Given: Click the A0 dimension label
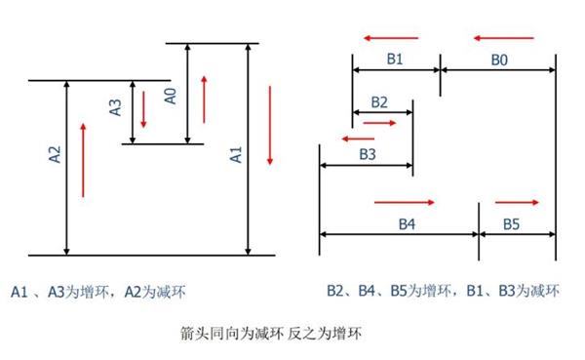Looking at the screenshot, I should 170,95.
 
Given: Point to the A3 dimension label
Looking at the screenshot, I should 115,107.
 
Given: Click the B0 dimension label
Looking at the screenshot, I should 498,59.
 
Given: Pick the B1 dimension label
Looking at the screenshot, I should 395,59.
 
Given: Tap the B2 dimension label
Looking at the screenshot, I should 379,101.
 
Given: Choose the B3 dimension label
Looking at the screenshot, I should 368,154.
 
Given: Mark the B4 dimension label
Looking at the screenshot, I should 408,223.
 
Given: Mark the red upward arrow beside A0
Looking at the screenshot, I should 204,98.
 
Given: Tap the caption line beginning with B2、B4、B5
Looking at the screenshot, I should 443,290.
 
